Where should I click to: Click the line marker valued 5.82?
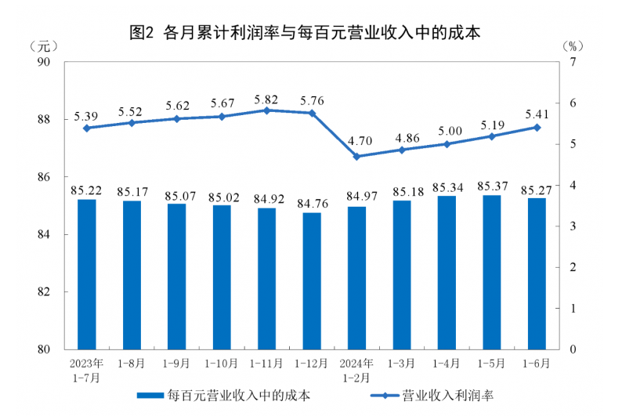click(266, 110)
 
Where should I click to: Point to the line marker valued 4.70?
click(356, 156)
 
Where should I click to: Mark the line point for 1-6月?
click(537, 127)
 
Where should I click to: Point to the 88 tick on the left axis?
click(44, 120)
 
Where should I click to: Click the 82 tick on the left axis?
click(44, 292)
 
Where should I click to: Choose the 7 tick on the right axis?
click(574, 62)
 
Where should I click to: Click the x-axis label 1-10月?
click(222, 364)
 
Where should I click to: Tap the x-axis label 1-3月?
click(402, 364)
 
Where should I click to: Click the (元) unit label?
click(43, 45)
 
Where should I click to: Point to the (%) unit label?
click(574, 45)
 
